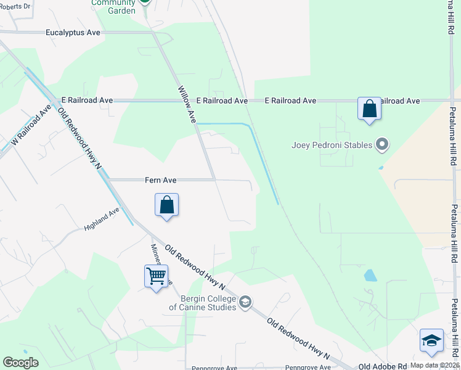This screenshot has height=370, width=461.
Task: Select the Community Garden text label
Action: tap(113, 7)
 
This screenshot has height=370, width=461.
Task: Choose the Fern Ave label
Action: tap(160, 180)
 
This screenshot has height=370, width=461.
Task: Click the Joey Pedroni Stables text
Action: tap(332, 145)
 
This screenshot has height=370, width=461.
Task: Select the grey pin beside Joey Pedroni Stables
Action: tap(382, 145)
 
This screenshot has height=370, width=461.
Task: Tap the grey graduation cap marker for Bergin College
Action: tap(245, 302)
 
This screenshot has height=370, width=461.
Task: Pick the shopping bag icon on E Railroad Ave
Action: tap(369, 109)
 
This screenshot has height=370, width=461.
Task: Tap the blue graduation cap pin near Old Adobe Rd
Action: tap(431, 341)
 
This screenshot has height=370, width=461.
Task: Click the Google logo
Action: tap(21, 363)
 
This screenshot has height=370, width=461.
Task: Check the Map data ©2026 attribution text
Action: tap(434, 365)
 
